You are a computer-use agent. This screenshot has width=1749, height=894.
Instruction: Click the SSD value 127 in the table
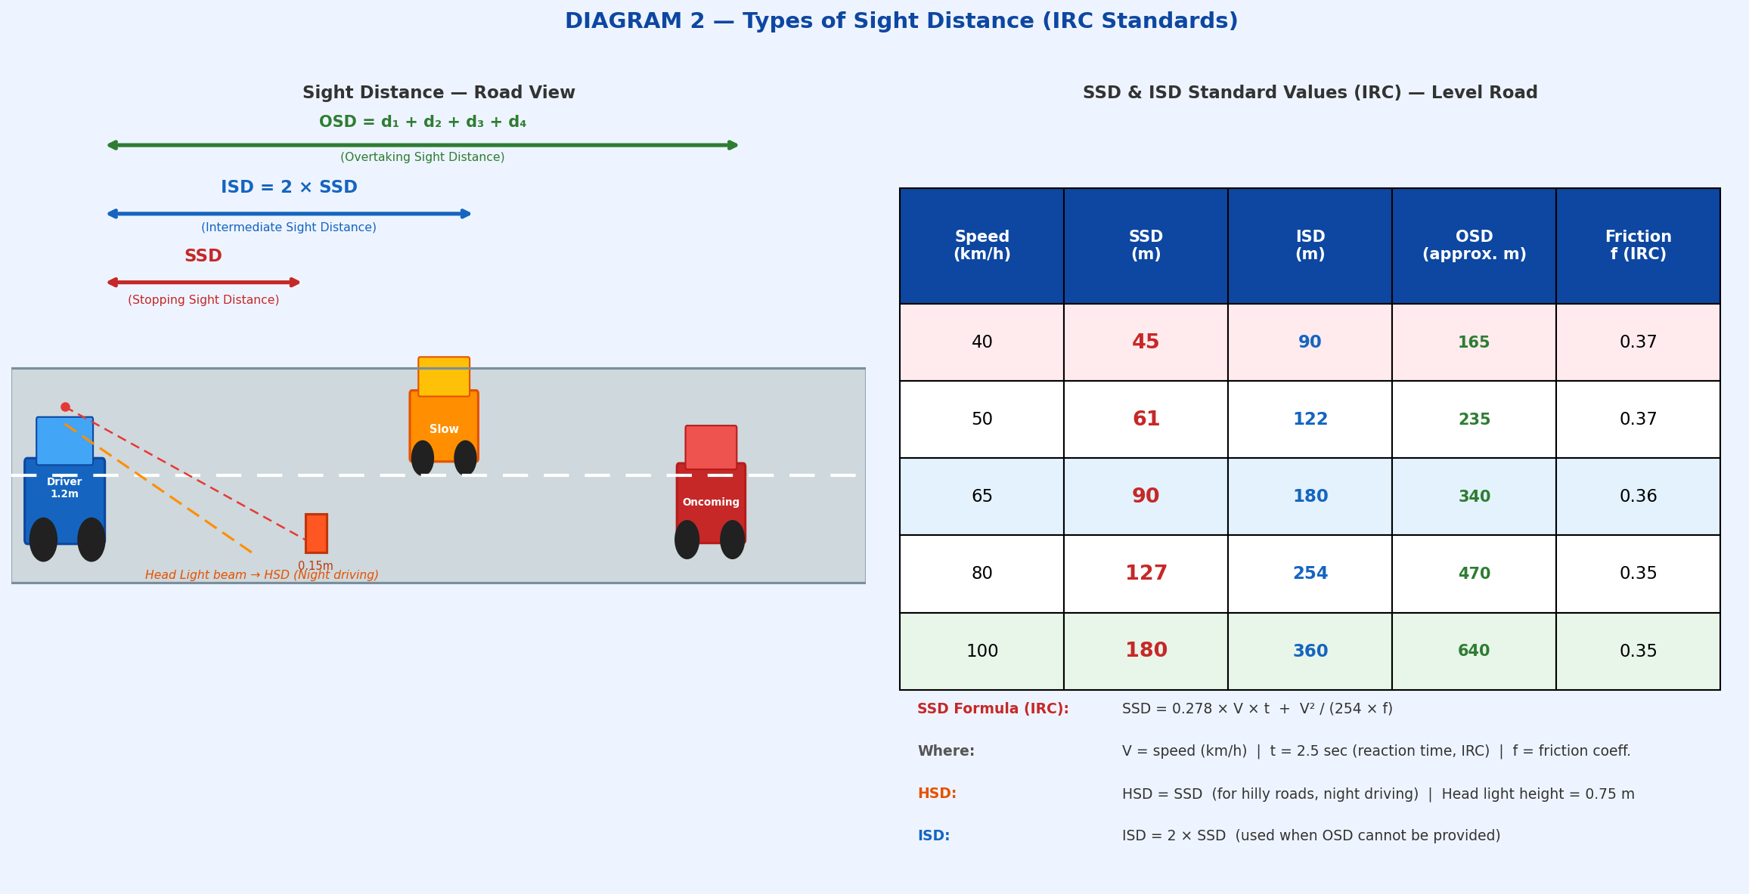1146,574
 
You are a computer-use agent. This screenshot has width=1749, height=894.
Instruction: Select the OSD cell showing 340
1474,496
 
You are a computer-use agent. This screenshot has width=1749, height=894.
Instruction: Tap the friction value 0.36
1638,496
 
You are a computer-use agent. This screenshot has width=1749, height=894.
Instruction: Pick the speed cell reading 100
981,651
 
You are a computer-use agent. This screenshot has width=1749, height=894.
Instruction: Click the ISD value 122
1310,419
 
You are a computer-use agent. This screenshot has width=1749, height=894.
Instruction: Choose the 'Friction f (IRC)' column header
1638,246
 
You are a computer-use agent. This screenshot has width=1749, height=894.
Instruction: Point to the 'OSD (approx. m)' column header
1474,246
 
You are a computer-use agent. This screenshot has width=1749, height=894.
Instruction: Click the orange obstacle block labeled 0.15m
316,534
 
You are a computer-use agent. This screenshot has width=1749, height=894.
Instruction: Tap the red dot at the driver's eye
65,407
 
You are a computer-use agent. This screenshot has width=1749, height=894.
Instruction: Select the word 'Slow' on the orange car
444,429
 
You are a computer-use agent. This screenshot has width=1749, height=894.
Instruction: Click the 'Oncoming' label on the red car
711,503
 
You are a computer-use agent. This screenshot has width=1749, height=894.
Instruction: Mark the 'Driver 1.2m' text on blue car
64,487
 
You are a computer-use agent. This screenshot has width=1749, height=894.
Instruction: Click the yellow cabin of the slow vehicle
444,376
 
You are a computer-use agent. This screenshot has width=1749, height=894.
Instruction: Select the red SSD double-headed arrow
203,283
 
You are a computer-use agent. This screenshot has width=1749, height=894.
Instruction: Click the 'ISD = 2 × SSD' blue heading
289,187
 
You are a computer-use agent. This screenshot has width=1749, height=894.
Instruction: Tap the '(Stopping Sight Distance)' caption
203,300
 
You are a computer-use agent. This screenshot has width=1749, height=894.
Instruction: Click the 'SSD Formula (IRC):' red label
992,709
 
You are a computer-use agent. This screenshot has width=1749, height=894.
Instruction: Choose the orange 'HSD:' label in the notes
936,793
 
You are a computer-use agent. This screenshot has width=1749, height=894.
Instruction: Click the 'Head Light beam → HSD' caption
262,575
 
